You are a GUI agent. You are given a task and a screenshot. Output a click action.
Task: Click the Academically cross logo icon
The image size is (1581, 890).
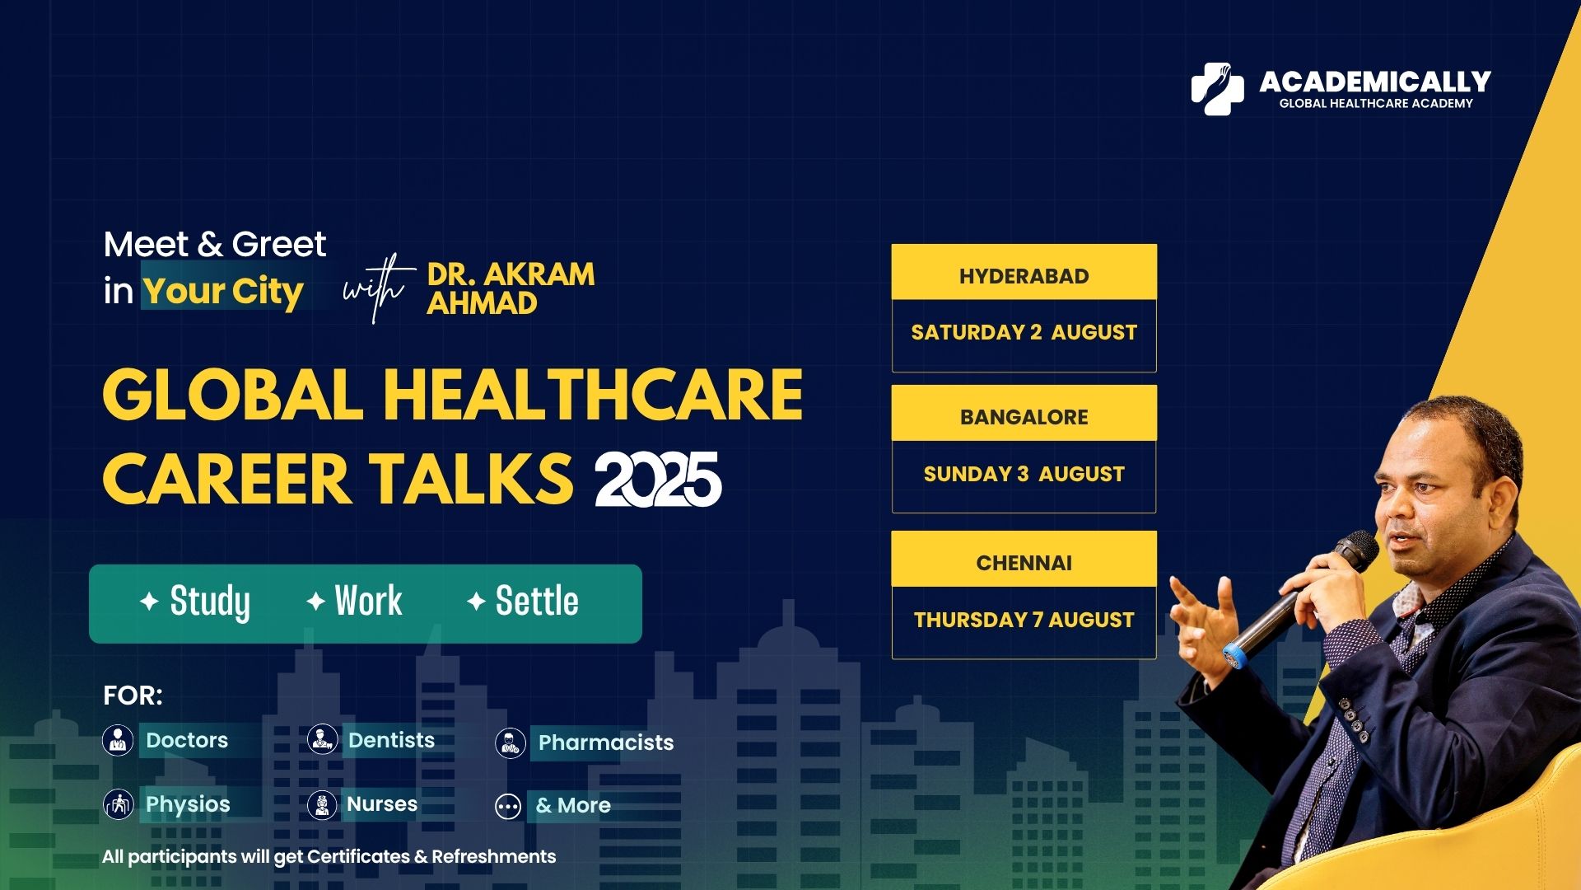[1218, 88]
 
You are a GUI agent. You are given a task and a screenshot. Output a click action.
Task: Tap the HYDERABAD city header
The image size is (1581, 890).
[1024, 276]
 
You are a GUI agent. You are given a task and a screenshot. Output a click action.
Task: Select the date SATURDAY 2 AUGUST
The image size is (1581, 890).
[1024, 332]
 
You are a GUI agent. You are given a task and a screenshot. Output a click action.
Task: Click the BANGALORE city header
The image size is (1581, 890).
[1024, 417]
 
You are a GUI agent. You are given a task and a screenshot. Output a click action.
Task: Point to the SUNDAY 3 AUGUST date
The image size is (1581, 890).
[1024, 474]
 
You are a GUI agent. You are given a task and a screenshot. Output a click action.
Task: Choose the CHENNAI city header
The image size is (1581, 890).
[1024, 563]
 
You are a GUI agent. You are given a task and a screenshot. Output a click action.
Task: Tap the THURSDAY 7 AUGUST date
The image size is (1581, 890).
[1024, 620]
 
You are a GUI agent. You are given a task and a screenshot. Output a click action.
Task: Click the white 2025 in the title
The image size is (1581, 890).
[658, 480]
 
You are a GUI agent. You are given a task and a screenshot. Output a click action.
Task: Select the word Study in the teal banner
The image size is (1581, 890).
[210, 602]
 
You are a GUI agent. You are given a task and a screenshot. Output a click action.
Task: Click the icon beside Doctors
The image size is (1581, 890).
[118, 740]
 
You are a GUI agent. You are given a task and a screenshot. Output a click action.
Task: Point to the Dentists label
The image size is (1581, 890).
[391, 740]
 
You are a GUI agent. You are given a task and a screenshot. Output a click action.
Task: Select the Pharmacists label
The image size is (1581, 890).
[606, 742]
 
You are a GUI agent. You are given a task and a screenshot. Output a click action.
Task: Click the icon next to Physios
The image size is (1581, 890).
[118, 804]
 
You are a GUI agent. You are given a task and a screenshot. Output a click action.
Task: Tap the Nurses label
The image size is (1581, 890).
[382, 803]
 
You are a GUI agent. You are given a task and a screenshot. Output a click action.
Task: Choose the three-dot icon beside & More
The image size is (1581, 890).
[508, 807]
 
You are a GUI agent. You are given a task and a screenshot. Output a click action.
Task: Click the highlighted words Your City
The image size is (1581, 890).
[223, 291]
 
